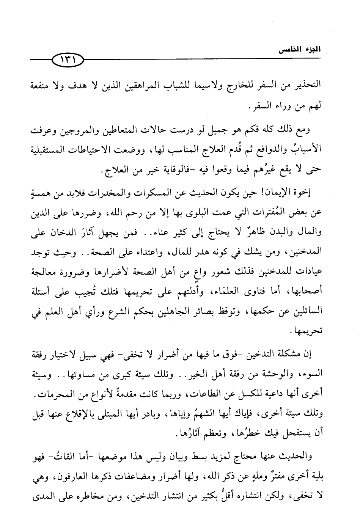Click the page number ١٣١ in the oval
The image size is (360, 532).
[x=67, y=60]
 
